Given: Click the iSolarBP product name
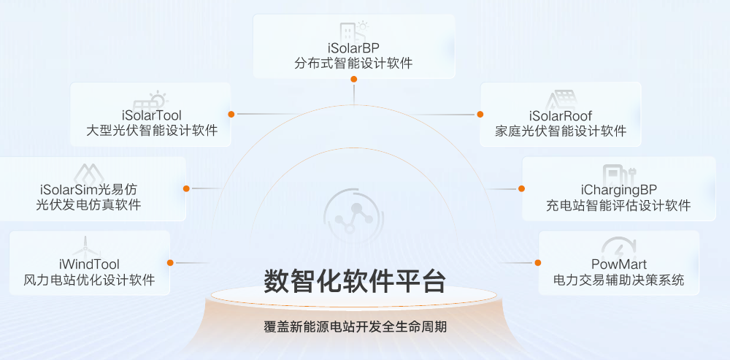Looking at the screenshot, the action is click(353, 48).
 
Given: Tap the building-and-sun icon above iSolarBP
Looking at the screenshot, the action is click(354, 31).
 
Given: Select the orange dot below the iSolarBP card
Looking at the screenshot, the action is click(354, 79).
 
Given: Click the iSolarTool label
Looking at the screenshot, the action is click(150, 115).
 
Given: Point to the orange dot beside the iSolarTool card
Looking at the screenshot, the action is click(231, 114).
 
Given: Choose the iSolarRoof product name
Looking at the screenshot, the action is click(561, 115).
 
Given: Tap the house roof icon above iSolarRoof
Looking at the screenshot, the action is click(561, 99).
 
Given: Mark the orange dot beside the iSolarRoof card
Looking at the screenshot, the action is click(480, 114).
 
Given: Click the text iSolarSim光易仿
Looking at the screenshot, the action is click(88, 190).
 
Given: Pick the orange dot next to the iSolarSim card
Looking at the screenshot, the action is click(186, 188).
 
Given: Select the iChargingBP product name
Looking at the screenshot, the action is click(619, 190).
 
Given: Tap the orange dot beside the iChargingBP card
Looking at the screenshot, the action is click(521, 188).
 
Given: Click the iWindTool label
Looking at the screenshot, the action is click(89, 264).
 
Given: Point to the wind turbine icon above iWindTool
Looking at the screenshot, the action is click(85, 248).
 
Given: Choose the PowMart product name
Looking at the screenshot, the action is click(619, 264).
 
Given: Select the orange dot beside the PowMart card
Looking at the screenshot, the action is click(538, 263).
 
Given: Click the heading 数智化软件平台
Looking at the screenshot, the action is click(355, 281).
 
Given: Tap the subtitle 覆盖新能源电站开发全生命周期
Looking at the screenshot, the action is click(356, 327).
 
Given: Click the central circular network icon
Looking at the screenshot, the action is click(353, 218).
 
